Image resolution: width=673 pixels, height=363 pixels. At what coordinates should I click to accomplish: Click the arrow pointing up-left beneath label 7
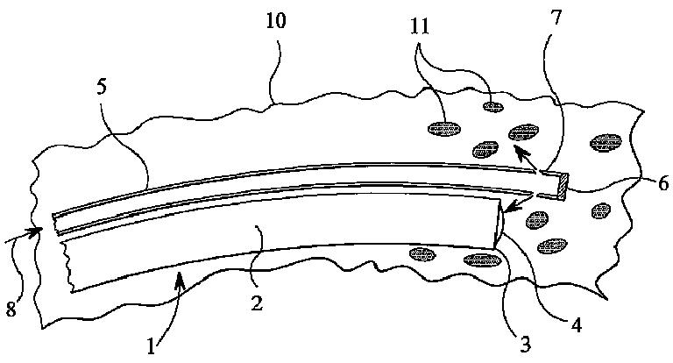click(523, 156)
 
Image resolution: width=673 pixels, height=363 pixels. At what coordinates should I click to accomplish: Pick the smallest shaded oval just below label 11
click(492, 107)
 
